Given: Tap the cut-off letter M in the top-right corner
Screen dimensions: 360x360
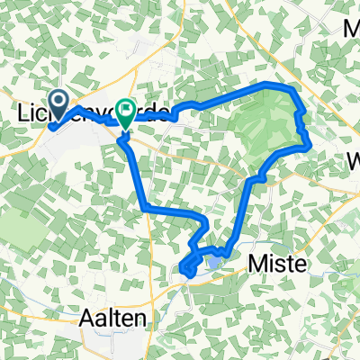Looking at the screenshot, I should (350, 29).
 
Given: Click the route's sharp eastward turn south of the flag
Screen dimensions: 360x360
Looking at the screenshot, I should (145, 209).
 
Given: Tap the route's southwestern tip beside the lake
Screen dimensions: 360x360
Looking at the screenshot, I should (184, 267).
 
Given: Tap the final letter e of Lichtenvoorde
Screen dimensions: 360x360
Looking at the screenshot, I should (164, 115).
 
